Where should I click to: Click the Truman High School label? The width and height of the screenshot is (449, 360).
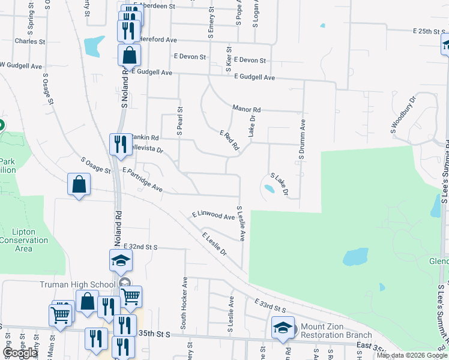[x=79, y=284]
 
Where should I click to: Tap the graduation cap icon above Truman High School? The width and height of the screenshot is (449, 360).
[x=120, y=260]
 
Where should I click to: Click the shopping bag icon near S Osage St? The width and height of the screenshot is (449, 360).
[x=79, y=185]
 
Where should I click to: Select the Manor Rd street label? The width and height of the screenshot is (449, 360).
[x=247, y=110]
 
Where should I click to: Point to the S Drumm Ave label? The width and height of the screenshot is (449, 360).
[x=303, y=137]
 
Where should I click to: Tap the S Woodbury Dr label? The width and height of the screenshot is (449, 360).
[x=403, y=113]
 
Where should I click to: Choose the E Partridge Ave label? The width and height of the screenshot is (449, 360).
[x=142, y=179]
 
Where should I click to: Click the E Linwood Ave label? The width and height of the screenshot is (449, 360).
[x=213, y=215]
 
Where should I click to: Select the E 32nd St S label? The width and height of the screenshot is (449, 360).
[x=140, y=247]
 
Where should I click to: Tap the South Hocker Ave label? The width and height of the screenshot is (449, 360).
[x=185, y=298]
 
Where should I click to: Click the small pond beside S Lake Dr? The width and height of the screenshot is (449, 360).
[x=270, y=189]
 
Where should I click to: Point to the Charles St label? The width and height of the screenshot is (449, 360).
[x=30, y=42]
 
